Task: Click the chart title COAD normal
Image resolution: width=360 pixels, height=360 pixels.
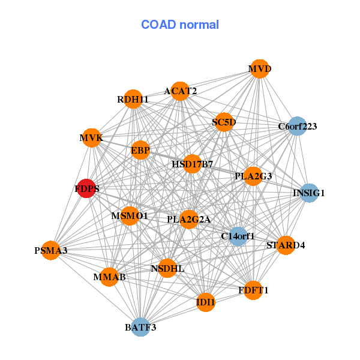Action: [180, 25]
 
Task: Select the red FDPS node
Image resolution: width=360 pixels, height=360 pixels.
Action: [87, 188]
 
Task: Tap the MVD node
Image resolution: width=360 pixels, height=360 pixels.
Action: [259, 69]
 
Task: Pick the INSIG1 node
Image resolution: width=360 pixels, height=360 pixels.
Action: [308, 193]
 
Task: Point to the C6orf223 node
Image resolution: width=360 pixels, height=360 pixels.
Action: [297, 127]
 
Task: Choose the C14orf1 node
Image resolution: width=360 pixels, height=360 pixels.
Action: [238, 236]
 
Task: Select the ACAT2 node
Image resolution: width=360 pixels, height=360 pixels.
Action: [180, 91]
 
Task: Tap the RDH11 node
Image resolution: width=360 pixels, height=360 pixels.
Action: [133, 99]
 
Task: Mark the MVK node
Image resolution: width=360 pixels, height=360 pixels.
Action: [91, 138]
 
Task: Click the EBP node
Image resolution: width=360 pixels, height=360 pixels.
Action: [140, 149]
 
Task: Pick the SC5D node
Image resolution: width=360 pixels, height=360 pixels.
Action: [224, 122]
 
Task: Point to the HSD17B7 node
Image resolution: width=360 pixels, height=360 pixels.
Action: [192, 163]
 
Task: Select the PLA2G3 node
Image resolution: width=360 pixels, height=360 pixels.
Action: [253, 176]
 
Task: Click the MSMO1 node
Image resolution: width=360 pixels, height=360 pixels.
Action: [130, 215]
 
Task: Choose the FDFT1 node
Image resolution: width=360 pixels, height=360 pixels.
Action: [253, 290]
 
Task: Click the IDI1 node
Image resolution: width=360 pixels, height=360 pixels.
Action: [205, 302]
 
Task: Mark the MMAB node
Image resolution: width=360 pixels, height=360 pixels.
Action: [109, 277]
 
